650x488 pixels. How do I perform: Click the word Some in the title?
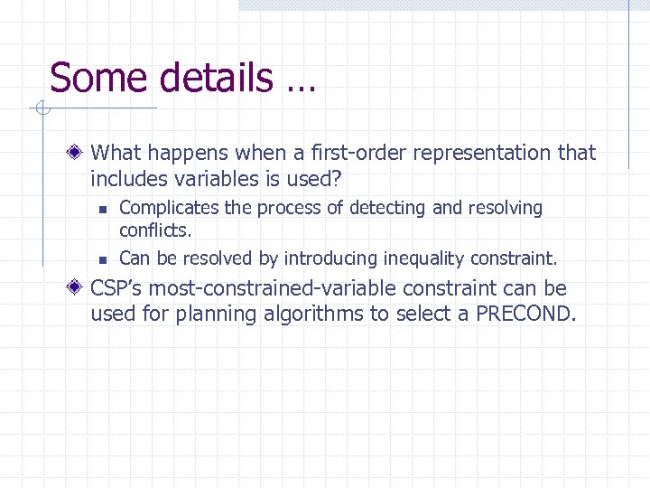[x=88, y=78]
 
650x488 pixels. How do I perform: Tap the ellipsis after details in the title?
[x=301, y=87]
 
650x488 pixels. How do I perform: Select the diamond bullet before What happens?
[x=79, y=153]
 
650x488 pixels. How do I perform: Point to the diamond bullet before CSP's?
[x=79, y=289]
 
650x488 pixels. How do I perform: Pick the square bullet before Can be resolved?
[x=104, y=259]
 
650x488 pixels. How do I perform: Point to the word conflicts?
[x=155, y=230]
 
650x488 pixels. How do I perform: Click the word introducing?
[x=330, y=258]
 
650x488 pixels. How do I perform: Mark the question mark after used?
[x=340, y=178]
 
